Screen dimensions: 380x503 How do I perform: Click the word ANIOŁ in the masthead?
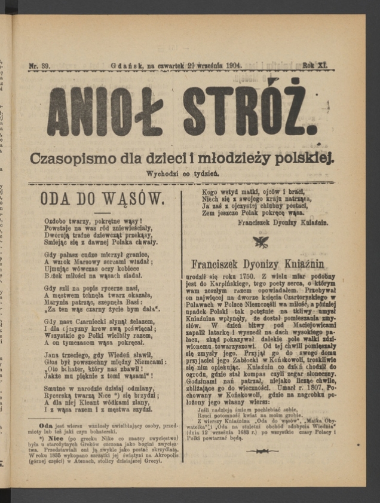(104, 111)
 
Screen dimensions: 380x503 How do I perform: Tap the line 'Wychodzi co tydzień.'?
(183, 174)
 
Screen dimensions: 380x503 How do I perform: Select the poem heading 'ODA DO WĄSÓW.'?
(101, 199)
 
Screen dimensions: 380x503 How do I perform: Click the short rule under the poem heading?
(102, 212)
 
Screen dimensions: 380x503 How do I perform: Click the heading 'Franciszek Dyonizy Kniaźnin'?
(258, 263)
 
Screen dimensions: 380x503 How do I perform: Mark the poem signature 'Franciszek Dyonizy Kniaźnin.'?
(282, 221)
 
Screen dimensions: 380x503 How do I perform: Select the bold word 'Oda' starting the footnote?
(46, 426)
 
